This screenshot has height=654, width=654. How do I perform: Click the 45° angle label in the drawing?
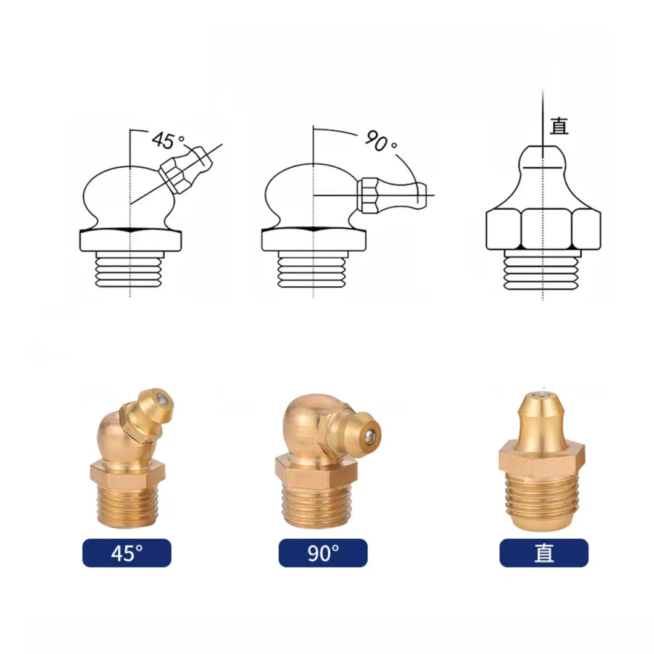(168, 140)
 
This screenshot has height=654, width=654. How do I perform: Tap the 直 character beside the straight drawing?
(559, 126)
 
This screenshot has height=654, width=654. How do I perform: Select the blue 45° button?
(127, 553)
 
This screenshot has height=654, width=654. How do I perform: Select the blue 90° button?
(323, 553)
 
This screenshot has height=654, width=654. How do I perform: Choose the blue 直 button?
(544, 553)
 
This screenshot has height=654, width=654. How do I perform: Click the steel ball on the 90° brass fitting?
(370, 436)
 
